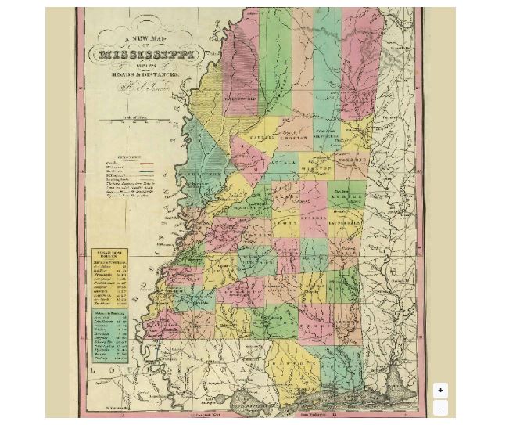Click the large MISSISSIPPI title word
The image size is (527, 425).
147,56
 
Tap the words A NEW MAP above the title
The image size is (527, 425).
146,39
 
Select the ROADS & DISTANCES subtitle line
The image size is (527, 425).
146,73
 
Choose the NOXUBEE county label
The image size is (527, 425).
351,160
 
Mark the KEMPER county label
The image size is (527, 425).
346,196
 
